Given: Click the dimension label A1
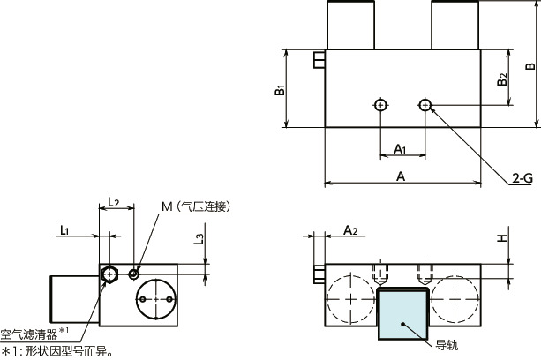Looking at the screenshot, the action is point(400,149).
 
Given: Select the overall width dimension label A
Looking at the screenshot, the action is point(400,176).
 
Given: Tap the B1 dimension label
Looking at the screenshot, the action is point(280,90).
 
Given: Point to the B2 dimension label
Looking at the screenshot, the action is point(502,79).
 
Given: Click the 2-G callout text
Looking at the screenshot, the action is point(522,178).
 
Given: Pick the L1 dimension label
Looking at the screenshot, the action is point(64,230).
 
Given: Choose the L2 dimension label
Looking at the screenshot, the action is point(113,202).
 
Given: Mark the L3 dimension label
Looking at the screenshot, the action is point(199,239).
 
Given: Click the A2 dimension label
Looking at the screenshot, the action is point(350,230).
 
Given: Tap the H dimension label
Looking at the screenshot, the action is point(502,238).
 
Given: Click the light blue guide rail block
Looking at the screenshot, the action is point(402,314).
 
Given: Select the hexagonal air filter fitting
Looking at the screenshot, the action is point(109,274).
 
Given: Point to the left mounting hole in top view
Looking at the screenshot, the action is point(380,105).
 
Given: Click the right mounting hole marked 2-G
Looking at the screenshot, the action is point(425,105).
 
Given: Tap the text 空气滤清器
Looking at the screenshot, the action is point(29,334).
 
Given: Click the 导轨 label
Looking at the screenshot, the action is point(447,345).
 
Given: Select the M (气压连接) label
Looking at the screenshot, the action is point(196,206).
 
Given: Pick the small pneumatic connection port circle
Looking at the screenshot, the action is point(133,274).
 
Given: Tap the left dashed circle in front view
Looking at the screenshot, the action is point(350,298).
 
